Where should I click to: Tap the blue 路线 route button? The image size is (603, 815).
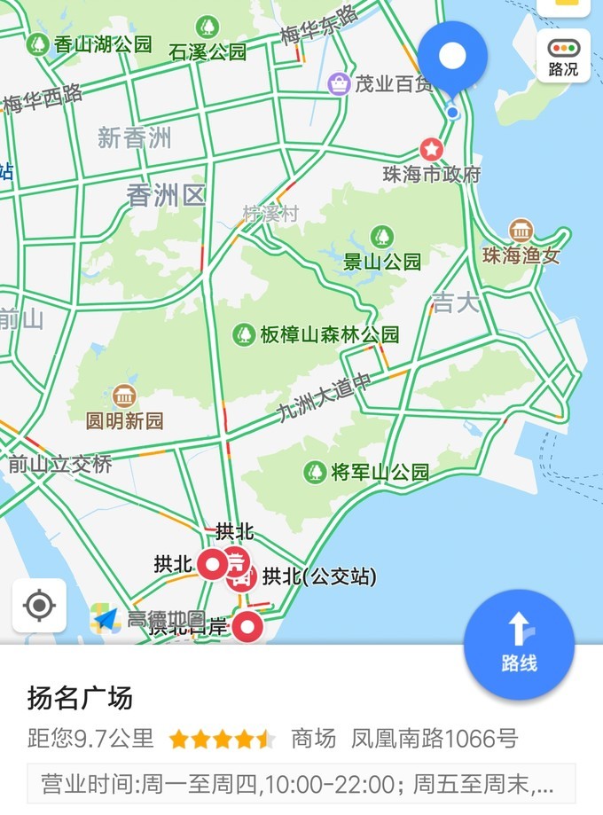click(519, 644)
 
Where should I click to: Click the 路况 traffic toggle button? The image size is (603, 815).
click(563, 56)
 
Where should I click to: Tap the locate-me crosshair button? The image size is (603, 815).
click(39, 606)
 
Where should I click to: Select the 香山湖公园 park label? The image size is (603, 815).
click(102, 43)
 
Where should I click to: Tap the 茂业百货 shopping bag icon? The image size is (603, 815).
click(339, 84)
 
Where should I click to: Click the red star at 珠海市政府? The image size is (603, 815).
click(432, 148)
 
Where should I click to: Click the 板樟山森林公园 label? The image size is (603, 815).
click(329, 334)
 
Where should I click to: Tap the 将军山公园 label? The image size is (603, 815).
click(380, 472)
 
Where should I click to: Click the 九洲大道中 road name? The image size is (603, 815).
click(324, 397)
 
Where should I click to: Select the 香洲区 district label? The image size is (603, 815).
click(166, 195)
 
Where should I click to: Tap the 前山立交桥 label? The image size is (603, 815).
click(60, 463)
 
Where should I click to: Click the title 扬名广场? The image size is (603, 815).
click(80, 698)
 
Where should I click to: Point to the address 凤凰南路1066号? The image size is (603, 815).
click(435, 738)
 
